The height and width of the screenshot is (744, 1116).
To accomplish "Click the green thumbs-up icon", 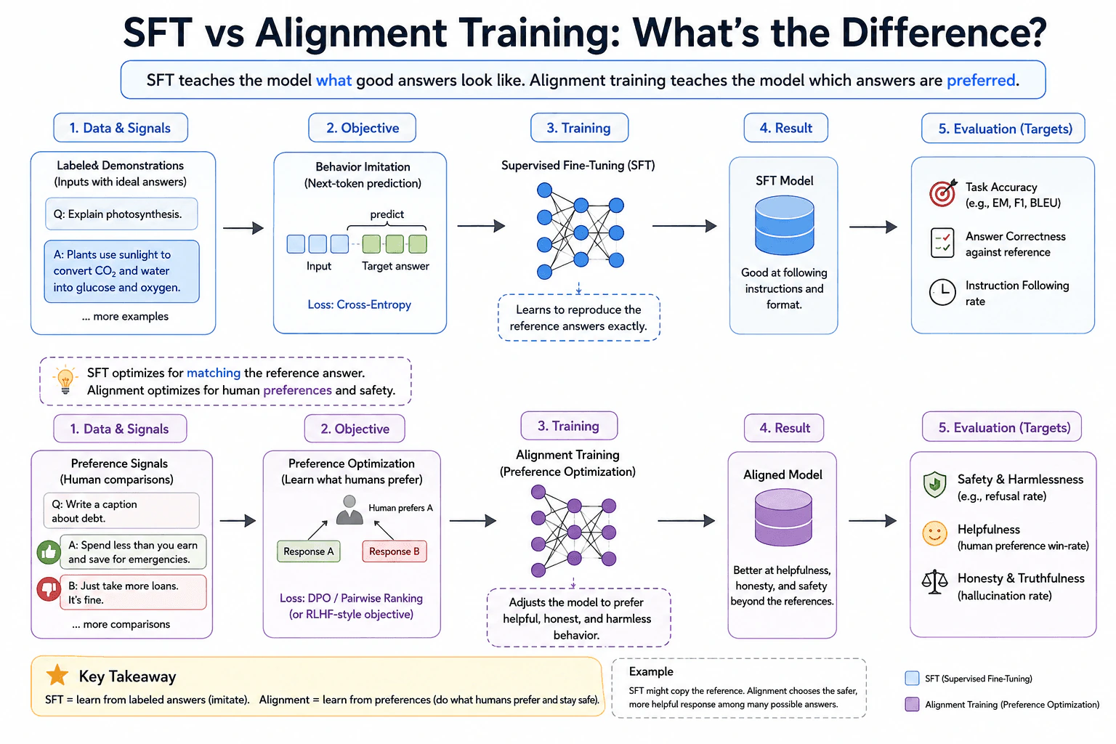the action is pyautogui.click(x=49, y=552).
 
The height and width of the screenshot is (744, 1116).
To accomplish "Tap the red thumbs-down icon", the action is pyautogui.click(x=49, y=589).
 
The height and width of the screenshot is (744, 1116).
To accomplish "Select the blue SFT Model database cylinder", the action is pyautogui.click(x=784, y=225).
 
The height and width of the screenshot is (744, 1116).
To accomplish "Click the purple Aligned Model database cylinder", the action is pyautogui.click(x=783, y=517).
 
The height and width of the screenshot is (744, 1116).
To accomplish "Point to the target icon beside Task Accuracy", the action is pyautogui.click(x=942, y=193).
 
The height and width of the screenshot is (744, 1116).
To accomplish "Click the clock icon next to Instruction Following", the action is pyautogui.click(x=942, y=292).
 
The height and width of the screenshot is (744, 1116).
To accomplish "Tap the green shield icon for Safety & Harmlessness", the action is pyautogui.click(x=934, y=485).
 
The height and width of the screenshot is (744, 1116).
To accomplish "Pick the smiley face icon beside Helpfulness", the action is pyautogui.click(x=934, y=534).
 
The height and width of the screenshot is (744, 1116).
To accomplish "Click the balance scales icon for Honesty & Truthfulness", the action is pyautogui.click(x=934, y=582).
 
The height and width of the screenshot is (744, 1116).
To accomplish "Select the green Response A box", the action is pyautogui.click(x=308, y=551).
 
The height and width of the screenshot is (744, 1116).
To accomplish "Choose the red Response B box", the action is pyautogui.click(x=394, y=551).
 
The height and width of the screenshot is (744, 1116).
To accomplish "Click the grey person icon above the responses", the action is pyautogui.click(x=349, y=510).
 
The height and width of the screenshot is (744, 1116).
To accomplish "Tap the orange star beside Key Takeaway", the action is pyautogui.click(x=57, y=675).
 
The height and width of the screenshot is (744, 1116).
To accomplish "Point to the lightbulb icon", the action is pyautogui.click(x=65, y=380).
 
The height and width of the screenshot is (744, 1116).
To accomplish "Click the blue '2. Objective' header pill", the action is pyautogui.click(x=363, y=128).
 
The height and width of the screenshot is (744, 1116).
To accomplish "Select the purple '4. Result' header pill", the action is pyautogui.click(x=784, y=427).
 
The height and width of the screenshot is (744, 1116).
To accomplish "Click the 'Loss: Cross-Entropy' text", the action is pyautogui.click(x=359, y=304).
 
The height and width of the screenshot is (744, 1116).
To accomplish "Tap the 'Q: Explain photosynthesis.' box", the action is pyautogui.click(x=121, y=214).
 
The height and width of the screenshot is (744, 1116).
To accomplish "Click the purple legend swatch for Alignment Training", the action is pyautogui.click(x=912, y=704).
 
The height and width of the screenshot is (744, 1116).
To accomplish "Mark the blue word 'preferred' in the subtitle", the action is pyautogui.click(x=980, y=80).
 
